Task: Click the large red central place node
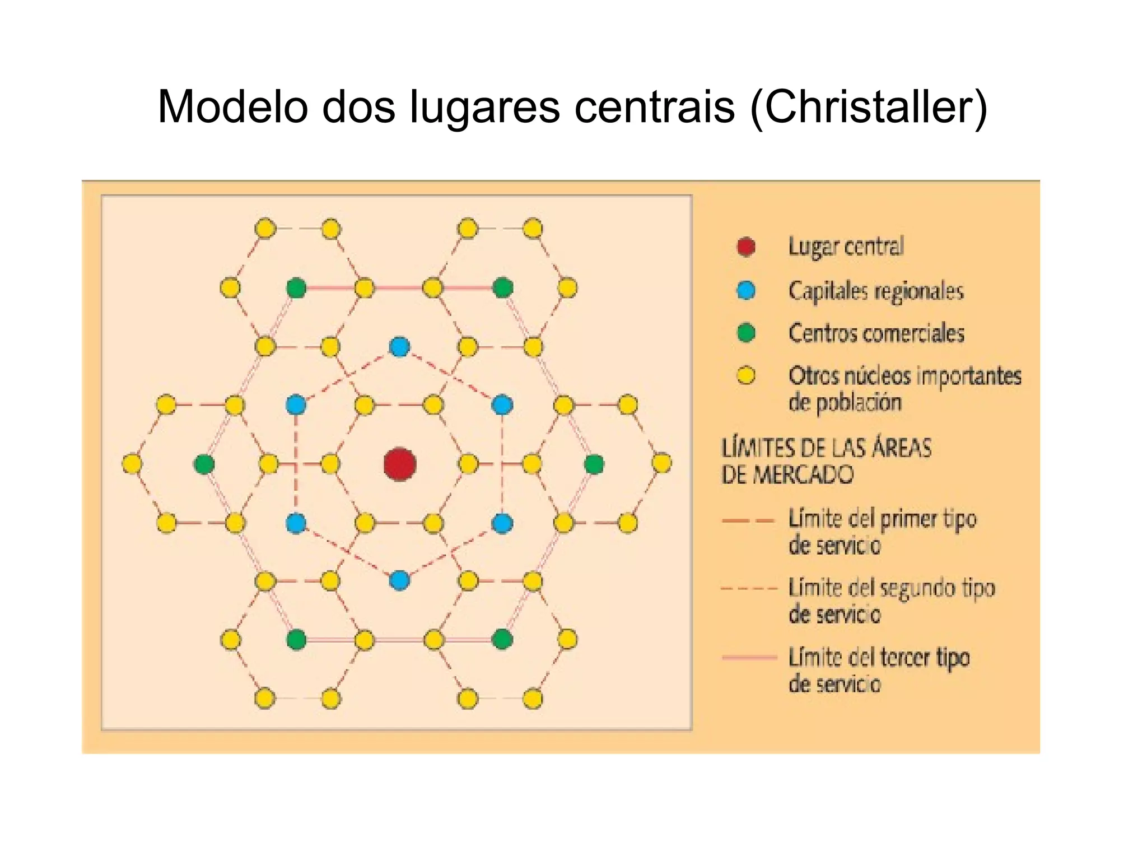[399, 464]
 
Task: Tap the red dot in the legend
[746, 247]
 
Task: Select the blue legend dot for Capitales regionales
[746, 290]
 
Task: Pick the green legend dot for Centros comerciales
[746, 333]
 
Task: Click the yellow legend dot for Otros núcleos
[746, 375]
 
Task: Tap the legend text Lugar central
[846, 247]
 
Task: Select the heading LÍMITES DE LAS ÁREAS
[826, 448]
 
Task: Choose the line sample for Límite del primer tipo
[748, 520]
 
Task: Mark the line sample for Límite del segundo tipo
[749, 589]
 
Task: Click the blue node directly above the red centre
[399, 347]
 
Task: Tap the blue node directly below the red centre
[399, 580]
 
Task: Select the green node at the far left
[204, 464]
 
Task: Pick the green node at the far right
[594, 464]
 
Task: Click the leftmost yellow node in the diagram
[132, 464]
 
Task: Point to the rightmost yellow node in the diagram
[662, 463]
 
